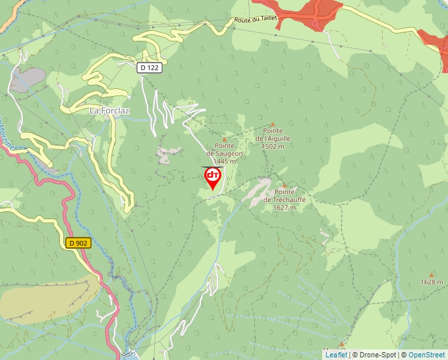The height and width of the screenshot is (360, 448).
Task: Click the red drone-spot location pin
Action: (213, 177)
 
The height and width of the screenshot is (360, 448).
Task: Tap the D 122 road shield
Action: (150, 67)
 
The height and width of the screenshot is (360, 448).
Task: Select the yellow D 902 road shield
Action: (78, 243)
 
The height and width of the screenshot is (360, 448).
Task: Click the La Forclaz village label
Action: (109, 111)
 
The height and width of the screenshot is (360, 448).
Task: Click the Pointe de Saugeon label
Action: (224, 150)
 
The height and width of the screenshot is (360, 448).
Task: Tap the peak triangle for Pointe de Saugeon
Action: (224, 140)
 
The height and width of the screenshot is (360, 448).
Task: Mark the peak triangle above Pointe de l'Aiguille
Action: (273, 124)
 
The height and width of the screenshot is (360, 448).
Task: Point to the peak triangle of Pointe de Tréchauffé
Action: (284, 186)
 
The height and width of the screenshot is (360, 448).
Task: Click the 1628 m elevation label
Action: (432, 282)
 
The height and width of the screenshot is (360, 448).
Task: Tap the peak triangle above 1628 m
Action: (432, 274)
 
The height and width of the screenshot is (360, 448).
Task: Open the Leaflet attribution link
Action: (336, 355)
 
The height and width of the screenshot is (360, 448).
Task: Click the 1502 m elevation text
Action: (273, 147)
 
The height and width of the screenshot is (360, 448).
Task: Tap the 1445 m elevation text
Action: (224, 161)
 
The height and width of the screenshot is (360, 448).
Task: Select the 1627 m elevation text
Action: (285, 207)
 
